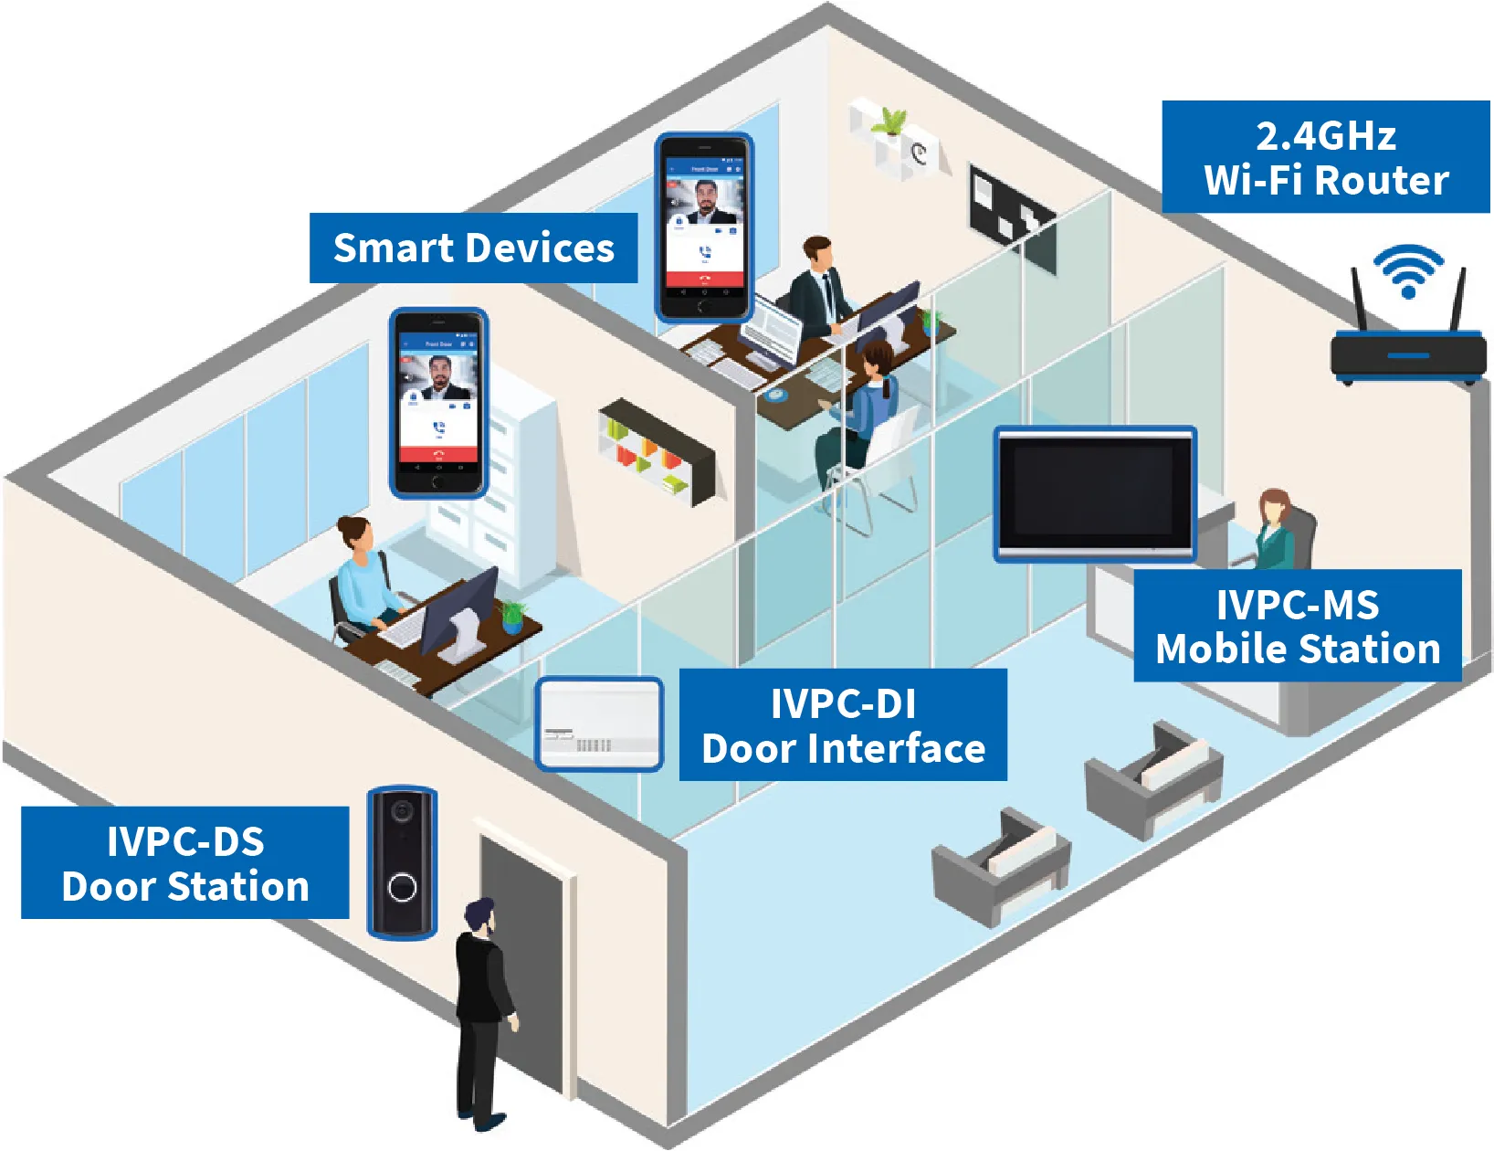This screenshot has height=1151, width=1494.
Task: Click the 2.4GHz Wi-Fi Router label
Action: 1325,157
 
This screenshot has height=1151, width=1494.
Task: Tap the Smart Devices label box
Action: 473,248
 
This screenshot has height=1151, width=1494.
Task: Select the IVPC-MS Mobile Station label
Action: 1297,626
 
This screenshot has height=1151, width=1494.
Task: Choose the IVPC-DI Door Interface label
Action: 843,725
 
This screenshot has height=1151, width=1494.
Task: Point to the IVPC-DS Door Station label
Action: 184,863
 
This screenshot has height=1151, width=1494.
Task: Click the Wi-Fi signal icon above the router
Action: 1408,269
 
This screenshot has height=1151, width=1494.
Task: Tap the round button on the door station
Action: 402,887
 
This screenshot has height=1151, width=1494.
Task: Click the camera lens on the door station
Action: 401,810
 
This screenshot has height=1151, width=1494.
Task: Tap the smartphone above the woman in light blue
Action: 438,403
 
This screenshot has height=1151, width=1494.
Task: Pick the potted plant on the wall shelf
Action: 888,121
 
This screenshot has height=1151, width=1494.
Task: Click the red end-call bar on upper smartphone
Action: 703,279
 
